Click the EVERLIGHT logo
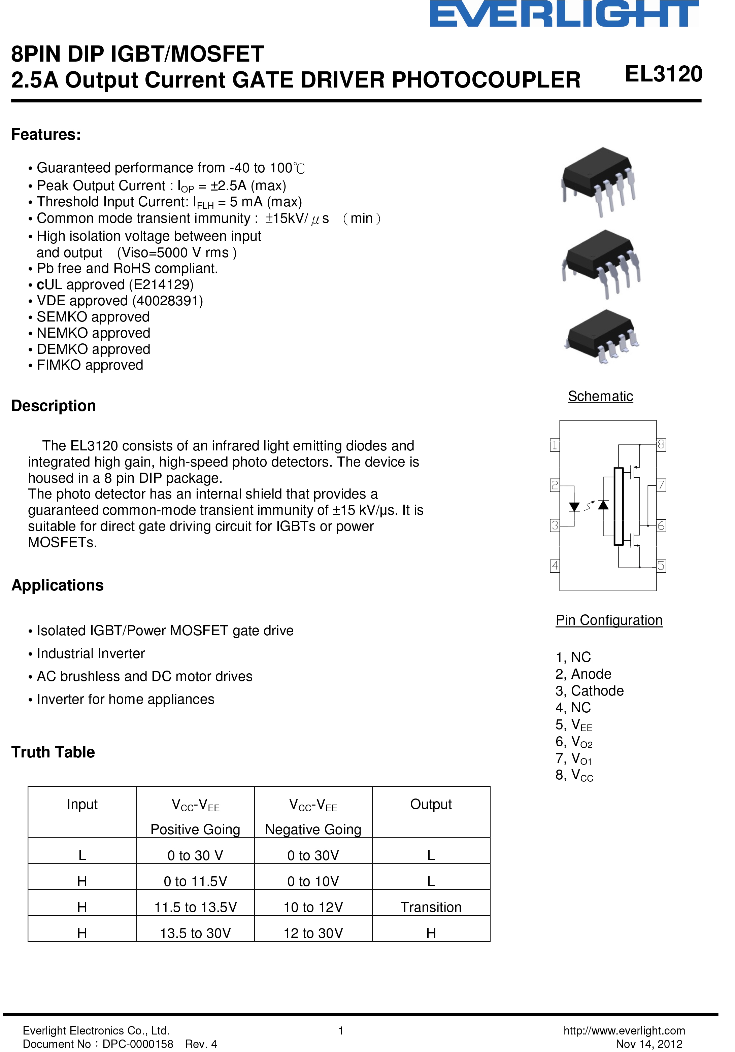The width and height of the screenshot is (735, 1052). click(564, 14)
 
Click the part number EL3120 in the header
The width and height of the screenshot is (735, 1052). click(663, 74)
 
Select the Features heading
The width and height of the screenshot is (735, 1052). click(46, 135)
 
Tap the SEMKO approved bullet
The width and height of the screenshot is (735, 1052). click(93, 316)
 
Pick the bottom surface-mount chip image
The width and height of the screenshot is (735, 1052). click(602, 336)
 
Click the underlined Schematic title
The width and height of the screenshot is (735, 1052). click(600, 396)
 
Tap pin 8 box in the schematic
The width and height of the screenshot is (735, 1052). click(661, 444)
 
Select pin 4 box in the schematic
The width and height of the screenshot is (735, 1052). click(555, 566)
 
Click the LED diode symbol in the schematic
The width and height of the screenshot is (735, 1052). click(574, 507)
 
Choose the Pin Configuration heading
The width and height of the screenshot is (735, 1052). click(609, 620)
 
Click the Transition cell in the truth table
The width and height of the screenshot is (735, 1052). click(431, 907)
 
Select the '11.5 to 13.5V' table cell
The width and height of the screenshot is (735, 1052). click(195, 907)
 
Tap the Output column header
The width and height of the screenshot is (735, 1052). click(431, 804)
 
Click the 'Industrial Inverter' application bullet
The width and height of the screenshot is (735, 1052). click(91, 653)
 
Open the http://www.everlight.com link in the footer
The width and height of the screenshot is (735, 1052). click(624, 1030)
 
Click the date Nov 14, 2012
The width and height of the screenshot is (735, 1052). click(649, 1044)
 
